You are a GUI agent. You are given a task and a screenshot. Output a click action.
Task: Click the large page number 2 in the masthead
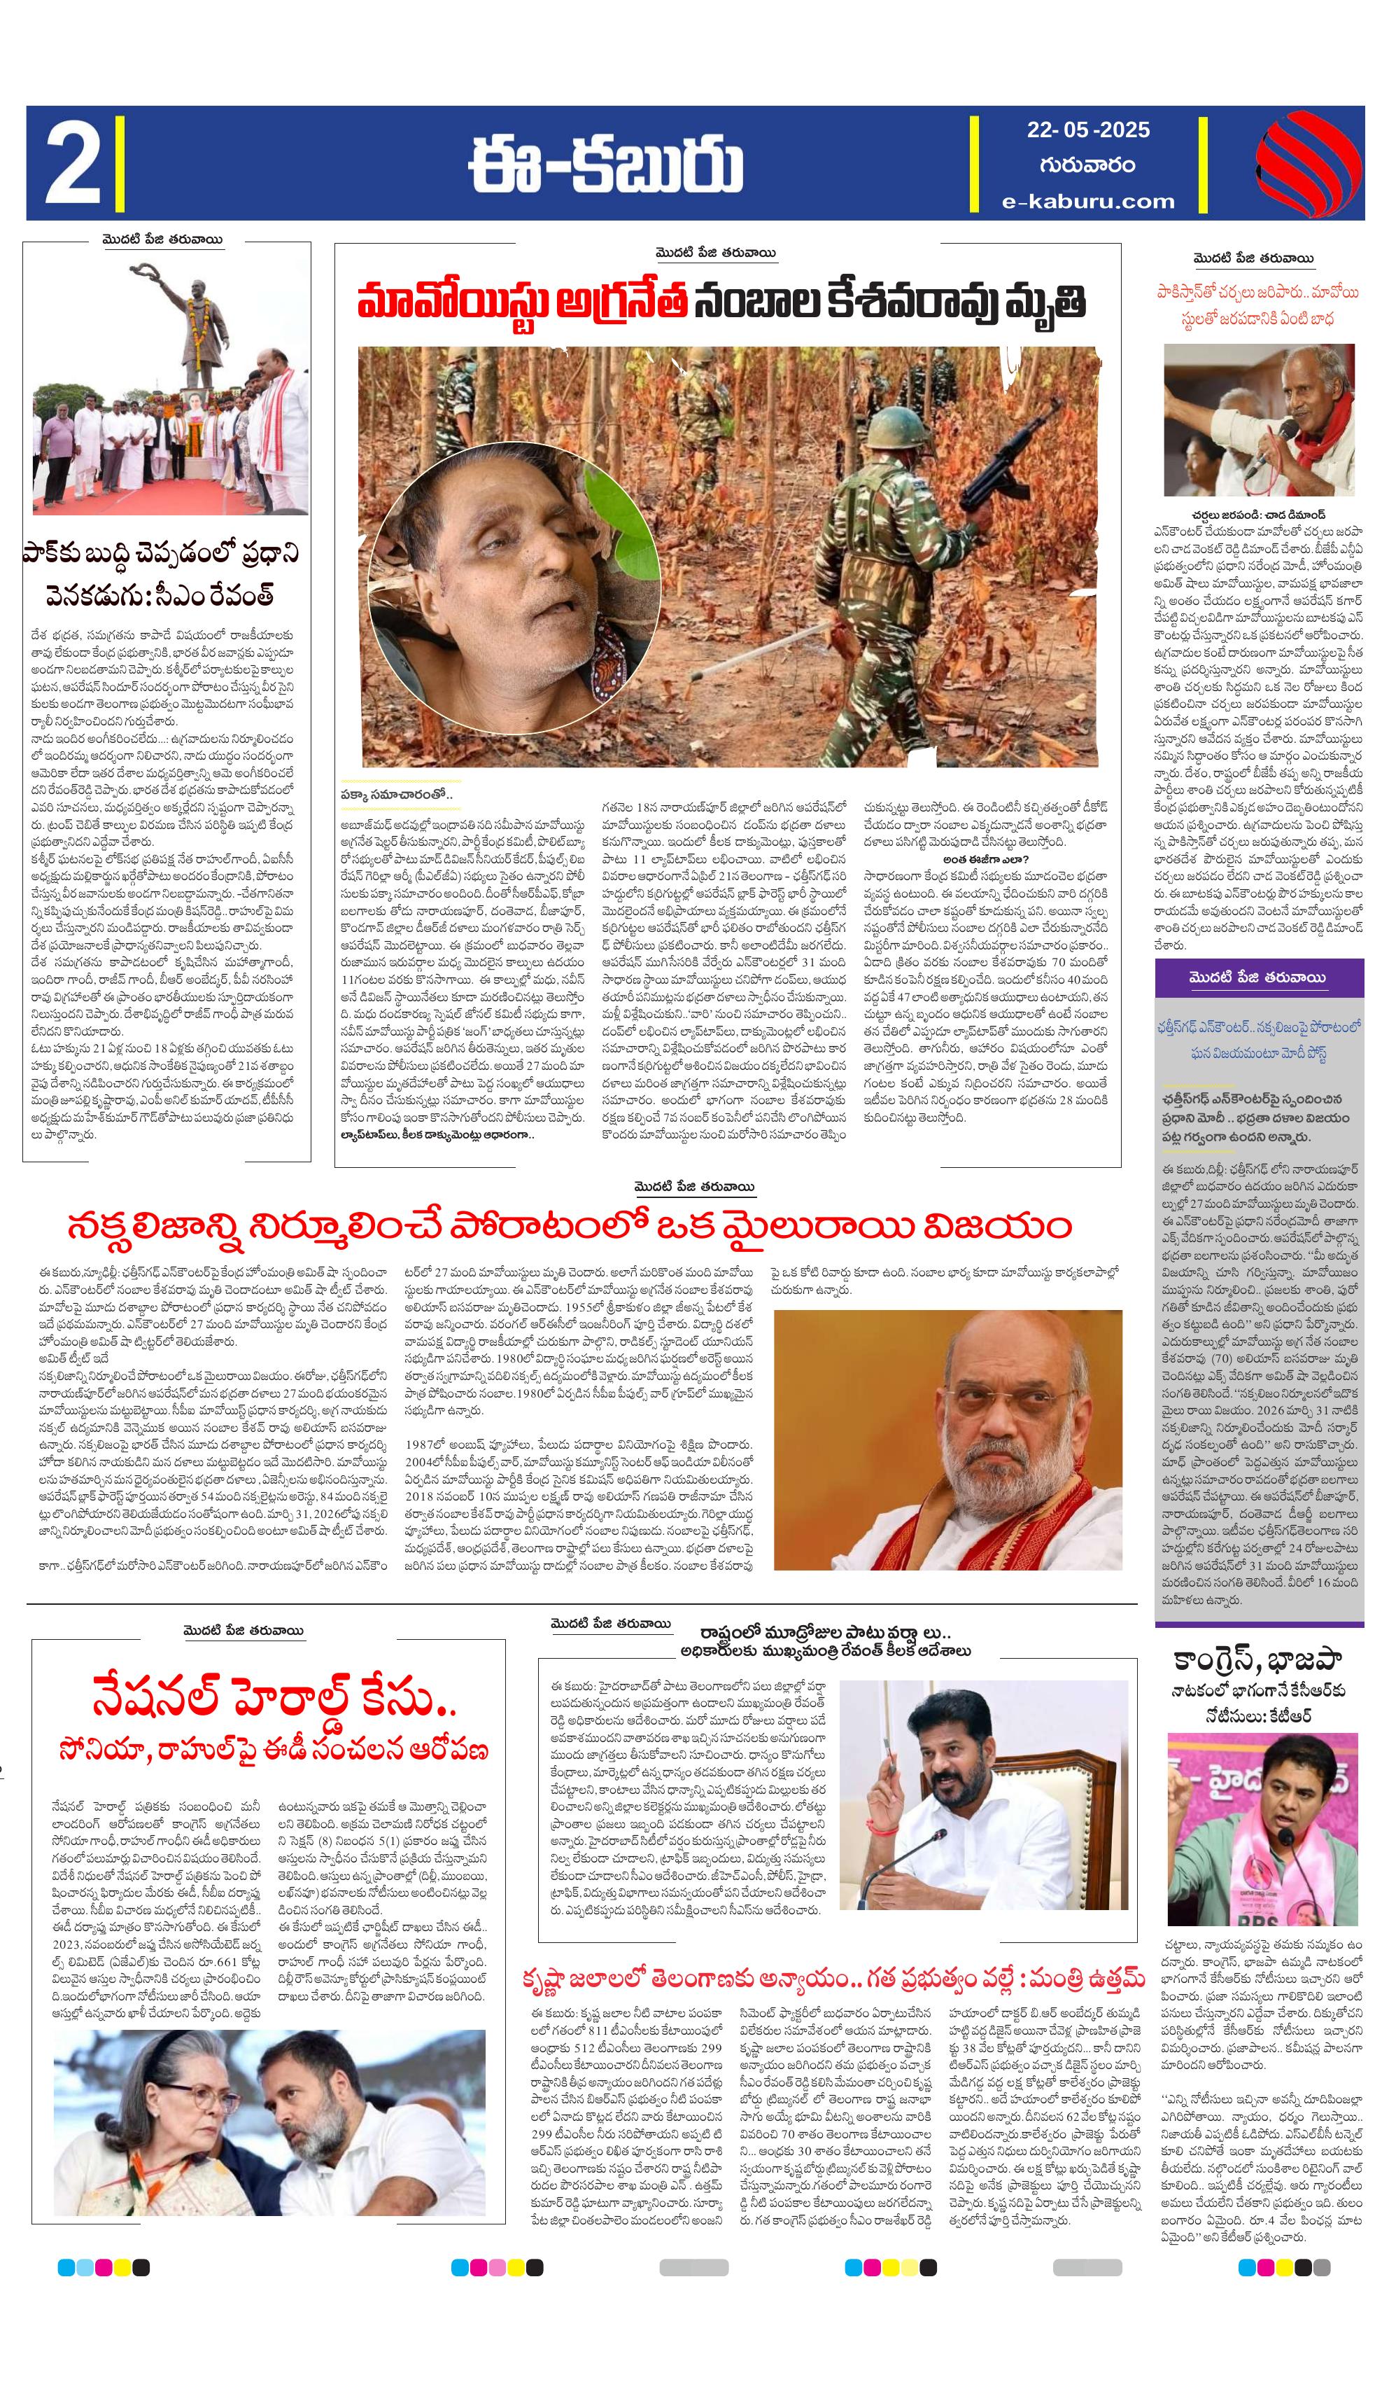[x=73, y=164]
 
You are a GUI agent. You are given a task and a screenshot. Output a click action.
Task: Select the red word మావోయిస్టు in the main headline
[x=451, y=303]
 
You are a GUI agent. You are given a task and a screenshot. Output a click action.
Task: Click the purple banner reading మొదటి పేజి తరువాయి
[x=1257, y=977]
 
